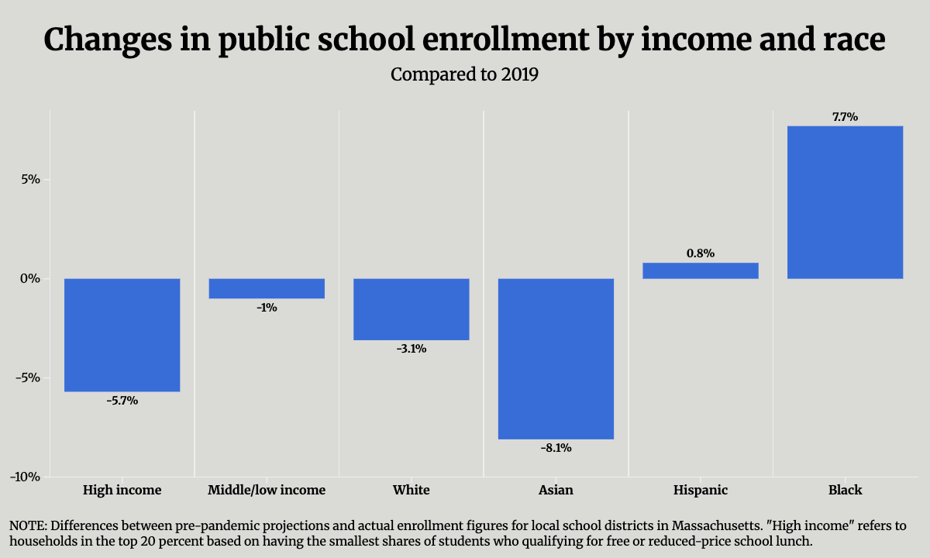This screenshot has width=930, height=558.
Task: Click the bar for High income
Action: (122, 335)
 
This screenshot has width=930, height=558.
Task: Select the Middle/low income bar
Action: (267, 288)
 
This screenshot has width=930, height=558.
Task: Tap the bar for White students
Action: (412, 309)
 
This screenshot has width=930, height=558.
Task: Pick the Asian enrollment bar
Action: (556, 359)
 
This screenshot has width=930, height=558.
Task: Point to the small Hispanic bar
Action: (701, 270)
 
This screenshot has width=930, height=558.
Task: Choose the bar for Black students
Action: (845, 202)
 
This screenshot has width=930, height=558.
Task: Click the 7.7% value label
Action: (845, 117)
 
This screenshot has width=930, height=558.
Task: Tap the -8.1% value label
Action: (556, 447)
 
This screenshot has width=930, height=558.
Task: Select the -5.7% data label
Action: (122, 401)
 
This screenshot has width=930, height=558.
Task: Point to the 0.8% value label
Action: (701, 253)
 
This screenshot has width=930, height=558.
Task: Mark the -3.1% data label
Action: (412, 349)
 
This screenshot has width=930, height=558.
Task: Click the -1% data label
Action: (267, 308)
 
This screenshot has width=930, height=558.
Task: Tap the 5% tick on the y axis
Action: (29, 180)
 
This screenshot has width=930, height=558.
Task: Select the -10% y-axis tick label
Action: (25, 477)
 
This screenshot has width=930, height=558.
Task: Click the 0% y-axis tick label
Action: (29, 279)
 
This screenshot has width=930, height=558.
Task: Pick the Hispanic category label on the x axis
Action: (701, 490)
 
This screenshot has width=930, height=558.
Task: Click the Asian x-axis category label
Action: (556, 490)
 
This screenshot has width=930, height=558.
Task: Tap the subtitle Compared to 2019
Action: (464, 75)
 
